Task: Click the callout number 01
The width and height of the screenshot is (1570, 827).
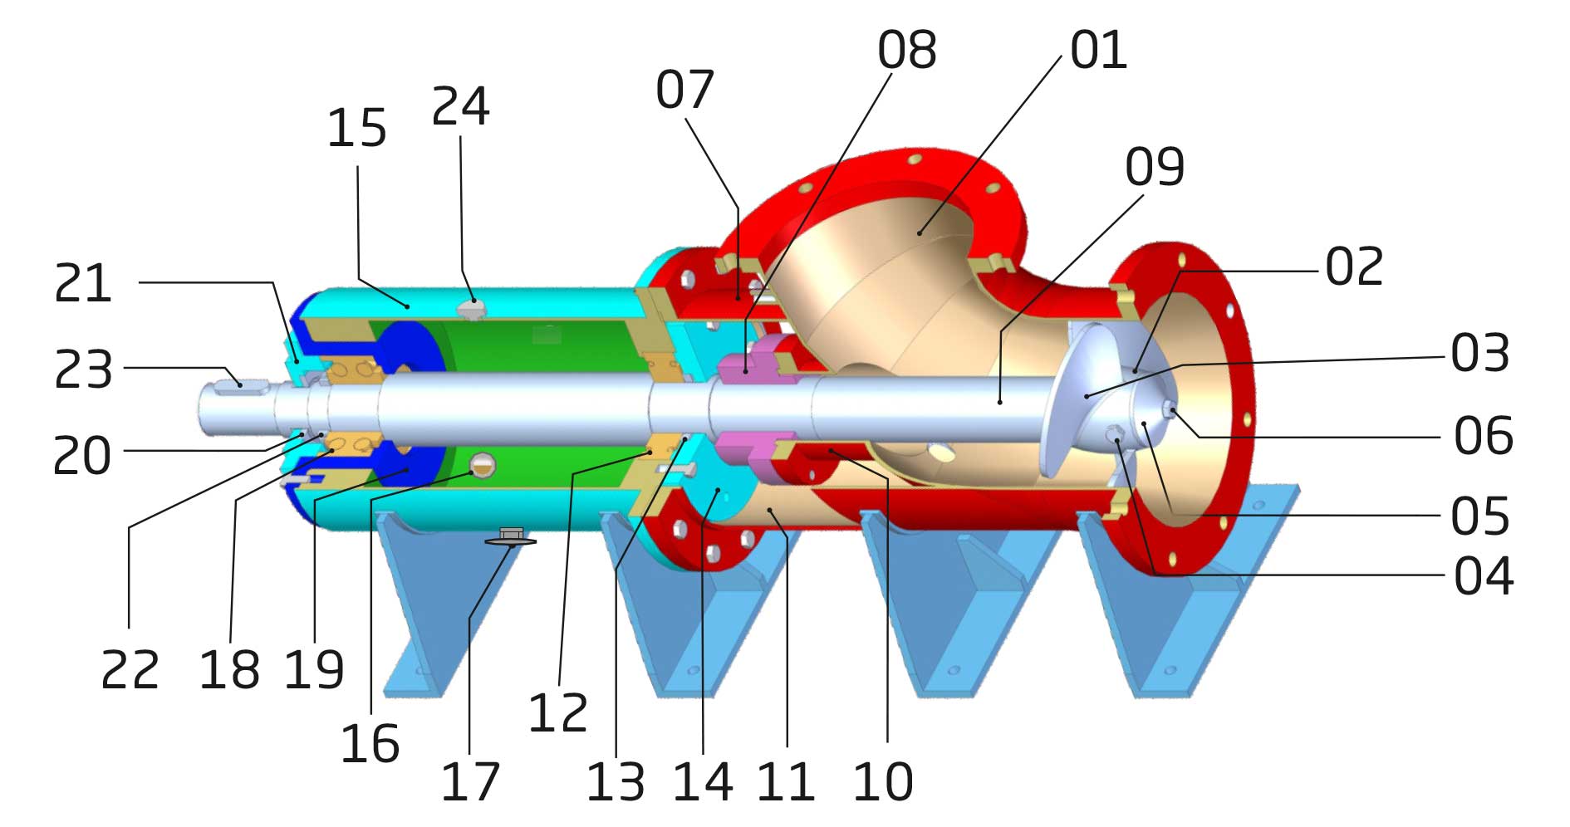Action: (x=1097, y=51)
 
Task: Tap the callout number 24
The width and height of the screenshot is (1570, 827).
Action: (x=460, y=107)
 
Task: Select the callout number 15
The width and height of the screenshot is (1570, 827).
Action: (x=356, y=129)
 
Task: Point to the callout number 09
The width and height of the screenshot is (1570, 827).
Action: (x=1154, y=167)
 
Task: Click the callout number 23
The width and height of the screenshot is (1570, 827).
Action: (x=83, y=370)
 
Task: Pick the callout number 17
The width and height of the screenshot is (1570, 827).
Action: (x=470, y=781)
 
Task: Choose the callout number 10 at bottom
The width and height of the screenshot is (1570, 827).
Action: (x=883, y=781)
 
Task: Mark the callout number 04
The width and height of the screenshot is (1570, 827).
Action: (x=1483, y=576)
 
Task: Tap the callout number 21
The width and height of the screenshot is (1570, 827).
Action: (x=83, y=284)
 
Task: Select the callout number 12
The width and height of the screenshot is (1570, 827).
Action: (x=558, y=712)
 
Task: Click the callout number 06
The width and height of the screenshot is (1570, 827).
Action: (x=1483, y=436)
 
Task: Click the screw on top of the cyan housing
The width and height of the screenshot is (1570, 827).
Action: (x=471, y=309)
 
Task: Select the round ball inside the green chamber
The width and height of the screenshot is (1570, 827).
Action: (x=483, y=466)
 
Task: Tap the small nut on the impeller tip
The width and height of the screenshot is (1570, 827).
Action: (x=1170, y=408)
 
